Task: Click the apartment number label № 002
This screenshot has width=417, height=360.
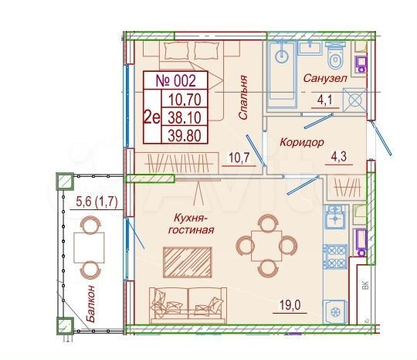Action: pos(177,80)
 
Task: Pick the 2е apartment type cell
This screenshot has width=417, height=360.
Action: pos(152,117)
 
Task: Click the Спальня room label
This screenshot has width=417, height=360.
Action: pos(242,96)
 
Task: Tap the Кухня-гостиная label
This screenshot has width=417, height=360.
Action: pos(189,223)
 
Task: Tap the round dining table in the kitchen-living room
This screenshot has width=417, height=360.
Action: pos(266,246)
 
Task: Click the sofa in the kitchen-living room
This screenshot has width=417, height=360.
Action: pos(187,303)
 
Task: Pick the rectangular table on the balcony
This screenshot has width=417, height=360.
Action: pos(89,248)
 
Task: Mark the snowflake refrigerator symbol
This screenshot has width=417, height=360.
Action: pos(336,313)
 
